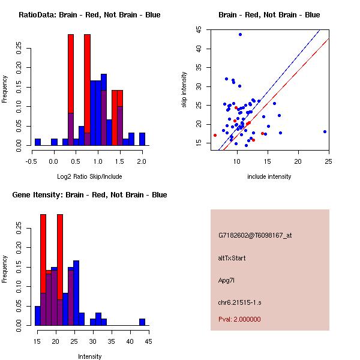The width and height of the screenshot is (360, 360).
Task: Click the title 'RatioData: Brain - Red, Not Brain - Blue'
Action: [x=89, y=15]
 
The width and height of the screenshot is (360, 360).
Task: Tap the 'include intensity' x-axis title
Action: [x=269, y=176]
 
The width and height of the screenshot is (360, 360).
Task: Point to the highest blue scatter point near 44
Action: [x=240, y=34]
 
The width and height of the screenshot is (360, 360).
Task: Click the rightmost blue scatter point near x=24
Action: [x=325, y=131]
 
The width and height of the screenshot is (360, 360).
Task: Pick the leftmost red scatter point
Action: [x=215, y=135]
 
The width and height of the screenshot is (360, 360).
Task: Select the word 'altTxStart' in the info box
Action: [x=232, y=258]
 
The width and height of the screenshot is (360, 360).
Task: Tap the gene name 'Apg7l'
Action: [x=226, y=280]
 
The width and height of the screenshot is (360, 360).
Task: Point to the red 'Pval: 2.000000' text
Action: [x=239, y=319]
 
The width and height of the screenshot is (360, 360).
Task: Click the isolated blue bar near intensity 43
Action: [x=142, y=322]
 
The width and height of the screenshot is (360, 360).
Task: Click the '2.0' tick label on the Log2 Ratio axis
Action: [x=142, y=161]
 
